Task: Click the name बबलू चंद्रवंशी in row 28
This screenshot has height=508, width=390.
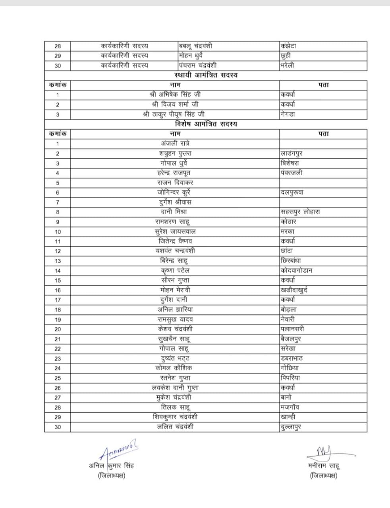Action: coord(195,46)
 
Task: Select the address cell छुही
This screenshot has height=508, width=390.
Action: coord(288,56)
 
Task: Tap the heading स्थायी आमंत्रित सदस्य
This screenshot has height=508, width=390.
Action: coord(206,75)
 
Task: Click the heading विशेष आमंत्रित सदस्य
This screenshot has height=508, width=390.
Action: coord(206,124)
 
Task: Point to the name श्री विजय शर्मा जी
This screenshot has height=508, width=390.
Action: coord(175,104)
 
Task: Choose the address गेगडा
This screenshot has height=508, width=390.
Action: coord(288,114)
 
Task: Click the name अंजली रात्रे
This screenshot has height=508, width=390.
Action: coord(175,143)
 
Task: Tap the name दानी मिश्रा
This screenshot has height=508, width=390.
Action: coord(175,212)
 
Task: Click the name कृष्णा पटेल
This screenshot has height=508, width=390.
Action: coord(175,270)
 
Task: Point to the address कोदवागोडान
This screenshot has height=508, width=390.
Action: coord(296,270)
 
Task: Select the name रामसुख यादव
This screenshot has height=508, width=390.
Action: coord(175,319)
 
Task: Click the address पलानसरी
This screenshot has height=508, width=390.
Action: coord(292,329)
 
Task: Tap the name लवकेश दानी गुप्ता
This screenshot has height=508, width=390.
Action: coord(175,388)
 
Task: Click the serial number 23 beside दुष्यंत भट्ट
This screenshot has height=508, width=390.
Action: coord(58,358)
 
